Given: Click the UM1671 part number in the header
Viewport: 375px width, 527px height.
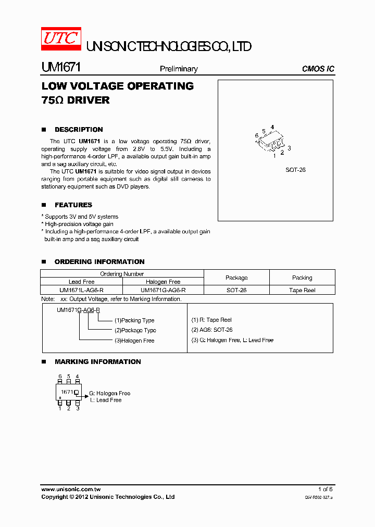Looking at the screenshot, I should coord(60,68).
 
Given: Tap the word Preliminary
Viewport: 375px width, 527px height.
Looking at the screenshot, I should coord(179,69).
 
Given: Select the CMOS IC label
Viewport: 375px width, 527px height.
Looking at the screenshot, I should coord(318,69).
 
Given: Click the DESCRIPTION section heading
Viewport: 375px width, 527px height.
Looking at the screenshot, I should coord(79,130).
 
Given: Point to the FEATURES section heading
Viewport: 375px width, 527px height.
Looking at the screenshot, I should coord(73,205).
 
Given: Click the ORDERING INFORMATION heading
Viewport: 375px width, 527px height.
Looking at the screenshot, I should coord(99,262).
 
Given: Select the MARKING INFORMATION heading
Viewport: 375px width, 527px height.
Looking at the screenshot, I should coord(97,362).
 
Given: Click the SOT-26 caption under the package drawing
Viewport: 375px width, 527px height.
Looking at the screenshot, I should coord(295,170).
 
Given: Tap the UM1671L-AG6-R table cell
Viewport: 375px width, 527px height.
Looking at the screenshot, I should coord(81,290).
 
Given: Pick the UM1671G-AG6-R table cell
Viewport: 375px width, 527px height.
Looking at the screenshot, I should coord(163,290).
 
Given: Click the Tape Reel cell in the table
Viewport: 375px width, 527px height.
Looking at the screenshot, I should coord(302,290).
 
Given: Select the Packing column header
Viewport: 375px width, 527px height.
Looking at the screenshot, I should coord(302,278).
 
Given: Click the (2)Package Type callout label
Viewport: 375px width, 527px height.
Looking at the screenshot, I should coord(135,331).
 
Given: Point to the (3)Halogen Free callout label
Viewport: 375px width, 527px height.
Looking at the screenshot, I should coord(134,341).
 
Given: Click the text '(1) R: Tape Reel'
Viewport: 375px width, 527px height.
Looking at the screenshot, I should coord(211,320).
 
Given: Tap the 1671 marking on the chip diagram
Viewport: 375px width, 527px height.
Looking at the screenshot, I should coord(67,392).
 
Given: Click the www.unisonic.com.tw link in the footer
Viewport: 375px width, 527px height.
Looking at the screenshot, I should coord(71,490).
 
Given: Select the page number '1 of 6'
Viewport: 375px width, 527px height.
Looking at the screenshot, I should coord(325,490).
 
